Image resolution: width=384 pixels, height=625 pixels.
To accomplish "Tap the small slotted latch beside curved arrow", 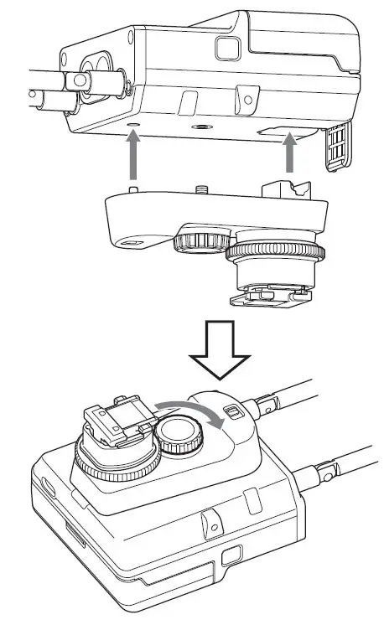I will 235,412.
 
